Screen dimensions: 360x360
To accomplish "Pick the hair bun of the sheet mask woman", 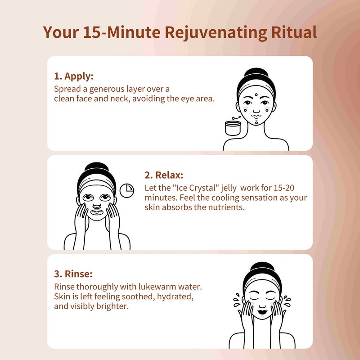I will [94, 168].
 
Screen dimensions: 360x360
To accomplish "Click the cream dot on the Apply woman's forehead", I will [256, 95].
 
